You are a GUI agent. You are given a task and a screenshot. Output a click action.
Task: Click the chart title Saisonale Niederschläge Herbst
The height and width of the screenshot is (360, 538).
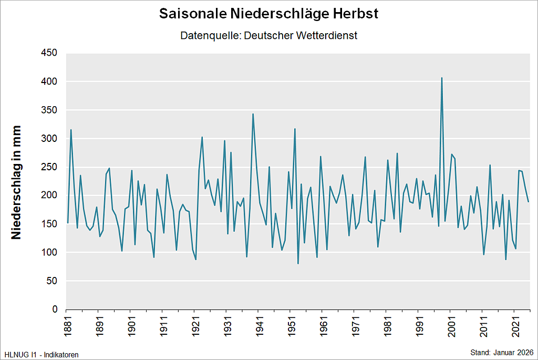point(268,14)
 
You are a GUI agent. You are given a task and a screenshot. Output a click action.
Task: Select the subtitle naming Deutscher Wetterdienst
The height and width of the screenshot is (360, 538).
point(268,36)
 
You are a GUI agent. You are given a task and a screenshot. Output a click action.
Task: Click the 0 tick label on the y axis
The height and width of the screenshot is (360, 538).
point(55,310)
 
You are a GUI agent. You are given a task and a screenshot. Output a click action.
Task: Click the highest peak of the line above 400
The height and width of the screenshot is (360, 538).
point(442,78)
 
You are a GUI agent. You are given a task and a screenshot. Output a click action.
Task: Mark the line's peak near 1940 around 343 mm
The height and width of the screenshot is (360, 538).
point(253,114)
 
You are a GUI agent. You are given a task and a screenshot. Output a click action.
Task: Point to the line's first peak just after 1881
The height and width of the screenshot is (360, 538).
point(71,130)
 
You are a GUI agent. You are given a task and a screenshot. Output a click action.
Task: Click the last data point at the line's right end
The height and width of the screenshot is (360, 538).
point(528,202)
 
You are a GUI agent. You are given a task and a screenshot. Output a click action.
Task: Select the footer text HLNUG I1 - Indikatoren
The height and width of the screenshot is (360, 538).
point(42,355)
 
